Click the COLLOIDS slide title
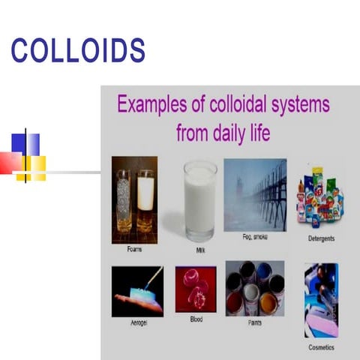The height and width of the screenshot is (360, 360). tap(78, 50)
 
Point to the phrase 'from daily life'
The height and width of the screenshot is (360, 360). tap(223, 135)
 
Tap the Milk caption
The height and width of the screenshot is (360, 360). tap(200, 250)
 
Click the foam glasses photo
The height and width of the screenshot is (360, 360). tap(134, 199)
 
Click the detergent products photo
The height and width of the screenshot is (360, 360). tap(320, 199)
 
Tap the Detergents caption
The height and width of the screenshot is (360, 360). tap(321, 239)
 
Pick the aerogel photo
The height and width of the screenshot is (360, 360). tap(137, 292)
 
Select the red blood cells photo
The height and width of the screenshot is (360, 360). tap(196, 289)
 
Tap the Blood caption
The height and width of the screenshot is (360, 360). tap(196, 319)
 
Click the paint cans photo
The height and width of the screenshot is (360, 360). tap(255, 288)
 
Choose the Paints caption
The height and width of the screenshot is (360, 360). tap(256, 324)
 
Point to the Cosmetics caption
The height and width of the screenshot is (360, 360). tap(321, 348)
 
